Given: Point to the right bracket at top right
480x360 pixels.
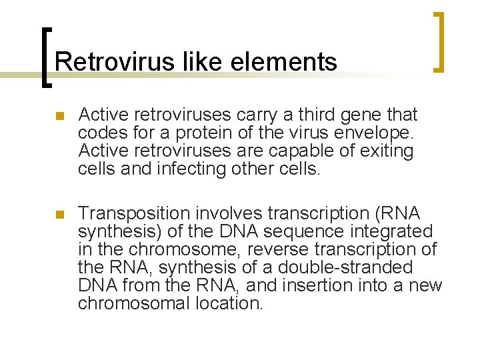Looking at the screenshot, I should (x=438, y=41).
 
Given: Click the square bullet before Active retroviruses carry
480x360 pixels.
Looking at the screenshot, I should (x=59, y=116).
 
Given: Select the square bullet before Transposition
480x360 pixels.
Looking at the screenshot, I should (x=59, y=215).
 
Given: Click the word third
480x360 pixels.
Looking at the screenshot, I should (x=315, y=115).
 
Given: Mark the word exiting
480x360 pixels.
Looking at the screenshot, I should (x=387, y=151).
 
